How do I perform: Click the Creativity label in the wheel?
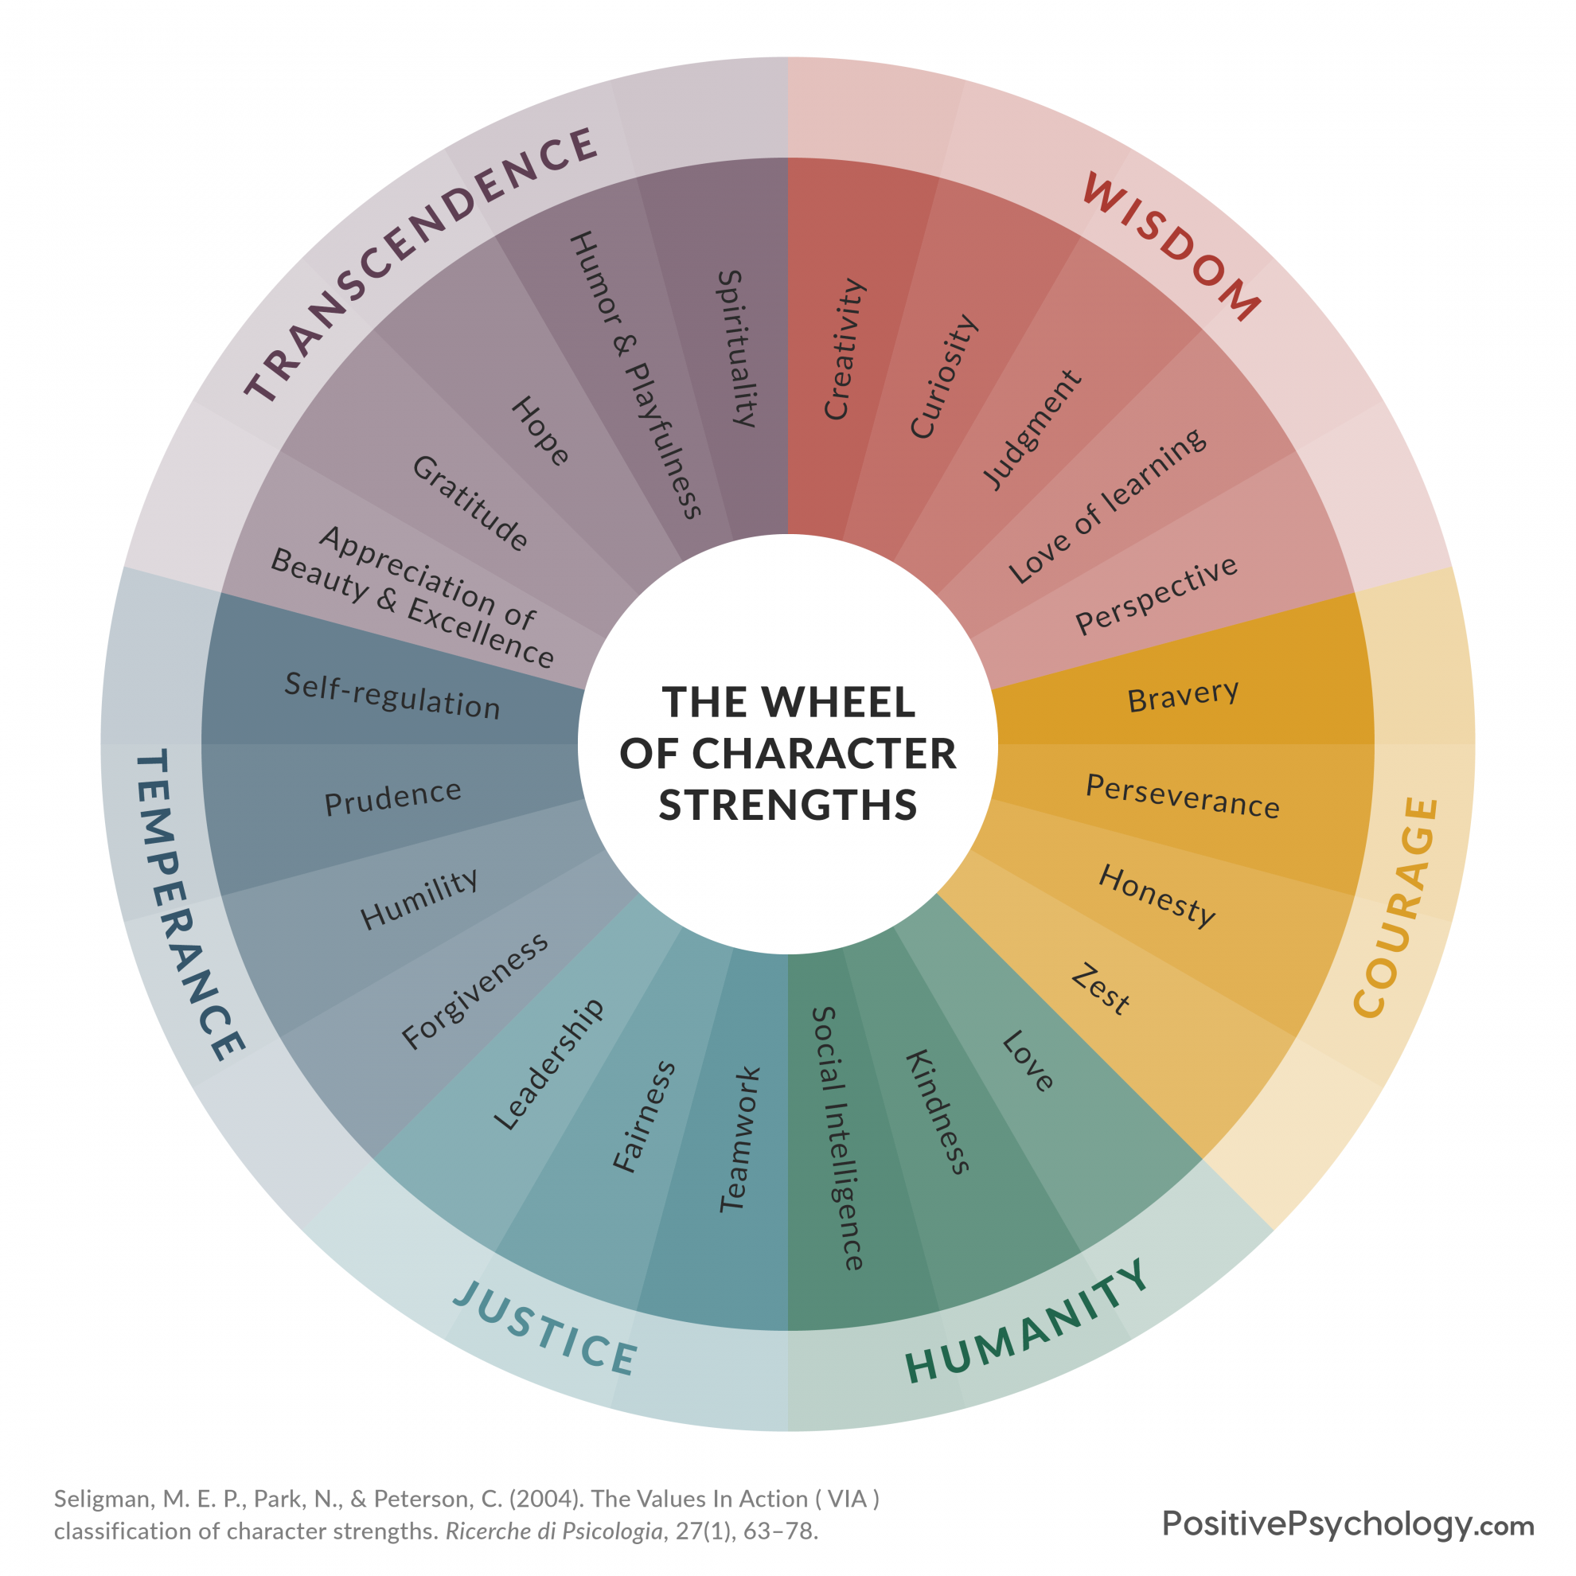pos(845,349)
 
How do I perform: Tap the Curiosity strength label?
pos(943,376)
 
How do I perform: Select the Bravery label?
pos(1183,696)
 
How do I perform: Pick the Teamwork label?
pos(740,1139)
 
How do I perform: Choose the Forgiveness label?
pos(474,990)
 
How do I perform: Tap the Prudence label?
pos(393,797)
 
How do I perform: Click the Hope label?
pos(540,431)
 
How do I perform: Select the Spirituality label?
pos(740,349)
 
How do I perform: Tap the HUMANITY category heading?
pos(1028,1320)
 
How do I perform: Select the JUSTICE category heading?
pos(545,1327)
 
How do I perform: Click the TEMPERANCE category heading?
pos(189,906)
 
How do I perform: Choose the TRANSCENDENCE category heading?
pos(421,264)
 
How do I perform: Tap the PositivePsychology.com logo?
pos(1348,1523)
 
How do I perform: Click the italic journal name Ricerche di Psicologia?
pos(554,1531)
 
